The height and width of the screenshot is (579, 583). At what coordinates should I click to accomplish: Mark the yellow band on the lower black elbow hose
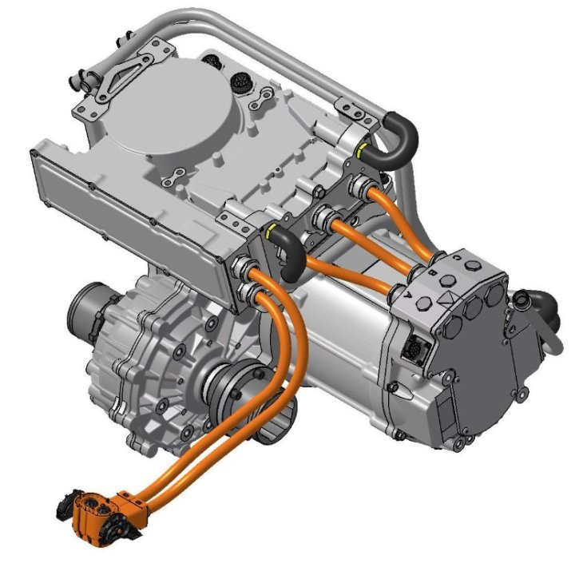point(273,232)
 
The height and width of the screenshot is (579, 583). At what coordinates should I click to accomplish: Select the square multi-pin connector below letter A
point(418,348)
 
